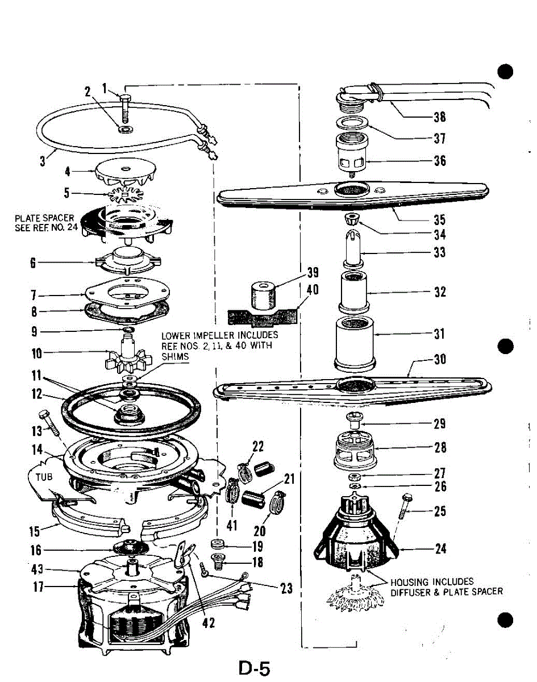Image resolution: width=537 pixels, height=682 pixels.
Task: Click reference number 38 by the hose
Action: point(439,117)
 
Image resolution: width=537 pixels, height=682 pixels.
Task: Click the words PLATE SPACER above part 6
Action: point(44,218)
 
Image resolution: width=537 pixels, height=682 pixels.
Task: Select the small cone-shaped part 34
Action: point(354,219)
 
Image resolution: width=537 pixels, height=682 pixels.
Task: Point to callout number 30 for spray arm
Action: point(439,360)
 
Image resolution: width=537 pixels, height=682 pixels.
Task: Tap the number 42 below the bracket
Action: point(209,623)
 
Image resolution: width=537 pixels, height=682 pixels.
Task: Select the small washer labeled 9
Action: point(128,330)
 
